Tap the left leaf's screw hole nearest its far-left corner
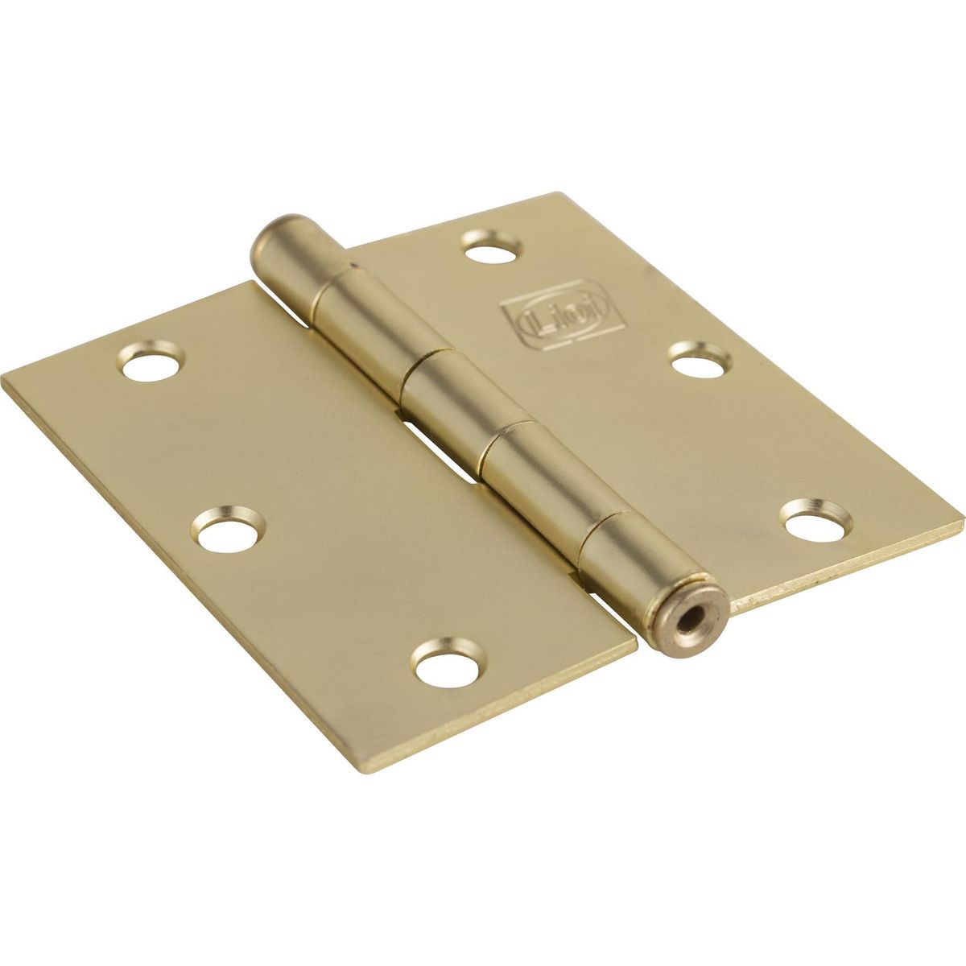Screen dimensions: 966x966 151,361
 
